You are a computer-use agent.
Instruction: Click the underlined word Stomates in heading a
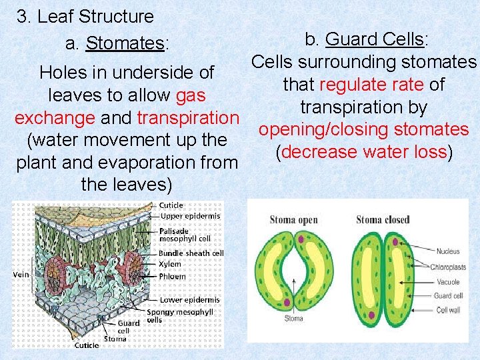[125, 44]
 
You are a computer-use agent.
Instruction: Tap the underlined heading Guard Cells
[374, 39]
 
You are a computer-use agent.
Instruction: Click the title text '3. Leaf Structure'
[85, 16]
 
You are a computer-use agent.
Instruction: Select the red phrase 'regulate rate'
[371, 85]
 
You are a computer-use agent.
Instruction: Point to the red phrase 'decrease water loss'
[364, 152]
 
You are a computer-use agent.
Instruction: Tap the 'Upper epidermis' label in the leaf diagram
[189, 216]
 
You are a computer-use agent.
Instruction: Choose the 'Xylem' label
[170, 265]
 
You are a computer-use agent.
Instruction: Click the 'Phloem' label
[173, 276]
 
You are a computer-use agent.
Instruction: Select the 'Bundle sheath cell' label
[191, 253]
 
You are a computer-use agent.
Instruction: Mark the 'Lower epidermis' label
[189, 300]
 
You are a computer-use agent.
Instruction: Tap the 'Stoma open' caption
[294, 220]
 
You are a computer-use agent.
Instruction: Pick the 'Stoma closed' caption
[382, 220]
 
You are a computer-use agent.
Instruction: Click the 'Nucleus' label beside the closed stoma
[448, 251]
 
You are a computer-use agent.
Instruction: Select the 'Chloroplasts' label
[447, 267]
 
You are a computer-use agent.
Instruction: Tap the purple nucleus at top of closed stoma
[394, 241]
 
